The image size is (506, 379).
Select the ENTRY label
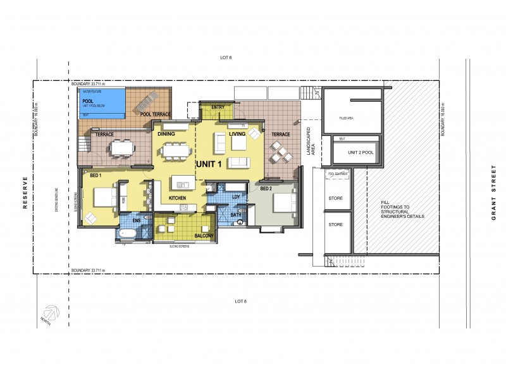pyautogui.click(x=218, y=107)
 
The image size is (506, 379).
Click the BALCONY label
pyautogui.click(x=204, y=236)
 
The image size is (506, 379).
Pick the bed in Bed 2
pyautogui.click(x=283, y=203)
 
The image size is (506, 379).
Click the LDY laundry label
pyautogui.click(x=236, y=197)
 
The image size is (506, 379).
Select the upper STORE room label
pyautogui.click(x=335, y=198)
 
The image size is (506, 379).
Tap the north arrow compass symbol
pyautogui.click(x=52, y=313)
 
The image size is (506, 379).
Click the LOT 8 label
pyautogui.click(x=240, y=301)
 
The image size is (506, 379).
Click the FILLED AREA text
pyautogui.click(x=347, y=117)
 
